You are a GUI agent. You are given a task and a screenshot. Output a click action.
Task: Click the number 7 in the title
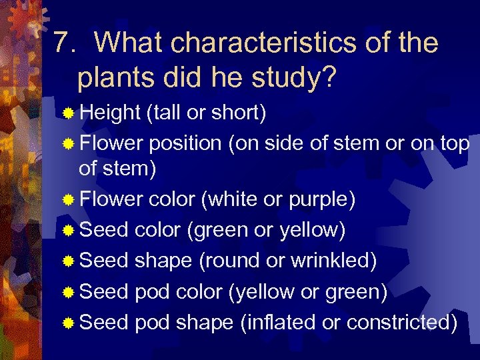[x=61, y=43]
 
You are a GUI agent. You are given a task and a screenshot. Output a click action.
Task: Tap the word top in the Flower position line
[x=454, y=143]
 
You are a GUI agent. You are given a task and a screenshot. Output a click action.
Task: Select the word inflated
[x=277, y=322]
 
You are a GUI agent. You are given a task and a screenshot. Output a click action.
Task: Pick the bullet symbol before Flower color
[x=68, y=200]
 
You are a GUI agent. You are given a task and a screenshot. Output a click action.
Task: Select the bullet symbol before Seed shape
[x=68, y=261]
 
